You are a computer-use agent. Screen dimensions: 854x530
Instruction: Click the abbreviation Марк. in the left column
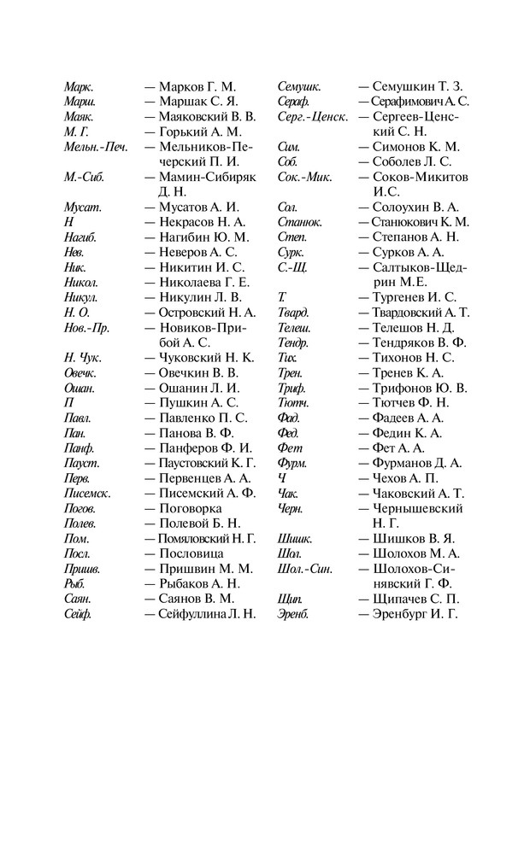pos(79,86)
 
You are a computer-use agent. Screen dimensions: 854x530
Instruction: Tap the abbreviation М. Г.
pos(76,132)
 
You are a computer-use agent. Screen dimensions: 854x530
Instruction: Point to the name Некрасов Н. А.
pos(200,222)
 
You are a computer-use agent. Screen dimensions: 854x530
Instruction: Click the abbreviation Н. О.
pos(76,313)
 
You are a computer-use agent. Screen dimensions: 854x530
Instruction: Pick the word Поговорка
pos(190,508)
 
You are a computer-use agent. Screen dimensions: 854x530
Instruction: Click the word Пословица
pos(191,553)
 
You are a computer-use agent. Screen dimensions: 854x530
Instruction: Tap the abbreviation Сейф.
pos(78,614)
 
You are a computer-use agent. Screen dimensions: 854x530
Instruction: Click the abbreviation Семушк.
pos(299,86)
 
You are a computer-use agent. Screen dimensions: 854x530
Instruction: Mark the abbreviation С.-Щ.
pos(292,267)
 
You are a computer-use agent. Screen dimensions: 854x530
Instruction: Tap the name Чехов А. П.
pos(405,478)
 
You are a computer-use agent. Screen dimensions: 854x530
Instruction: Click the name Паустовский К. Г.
pos(207,463)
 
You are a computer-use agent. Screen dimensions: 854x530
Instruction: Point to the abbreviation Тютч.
pos(293,402)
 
